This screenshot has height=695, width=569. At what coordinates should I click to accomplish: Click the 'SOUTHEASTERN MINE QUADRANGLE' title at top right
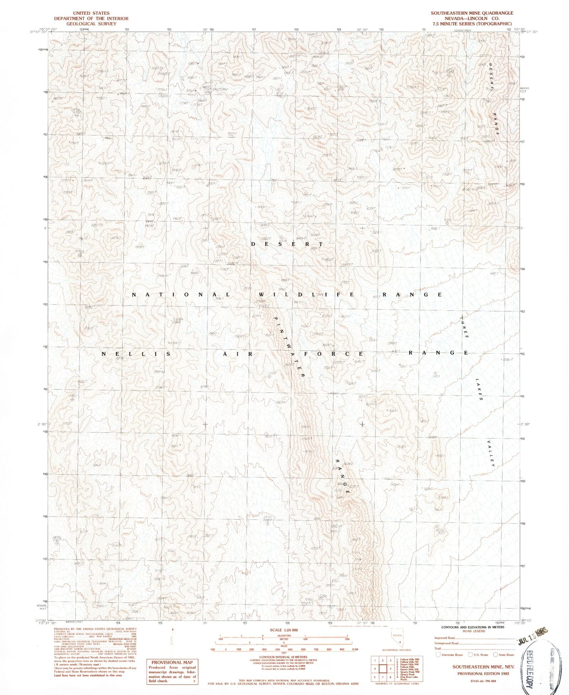click(472, 13)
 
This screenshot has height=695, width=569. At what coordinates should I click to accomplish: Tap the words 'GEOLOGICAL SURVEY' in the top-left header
click(91, 24)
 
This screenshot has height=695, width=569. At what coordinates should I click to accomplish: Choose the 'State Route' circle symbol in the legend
click(495, 654)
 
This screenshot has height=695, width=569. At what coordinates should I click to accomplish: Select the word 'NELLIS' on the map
click(136, 353)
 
